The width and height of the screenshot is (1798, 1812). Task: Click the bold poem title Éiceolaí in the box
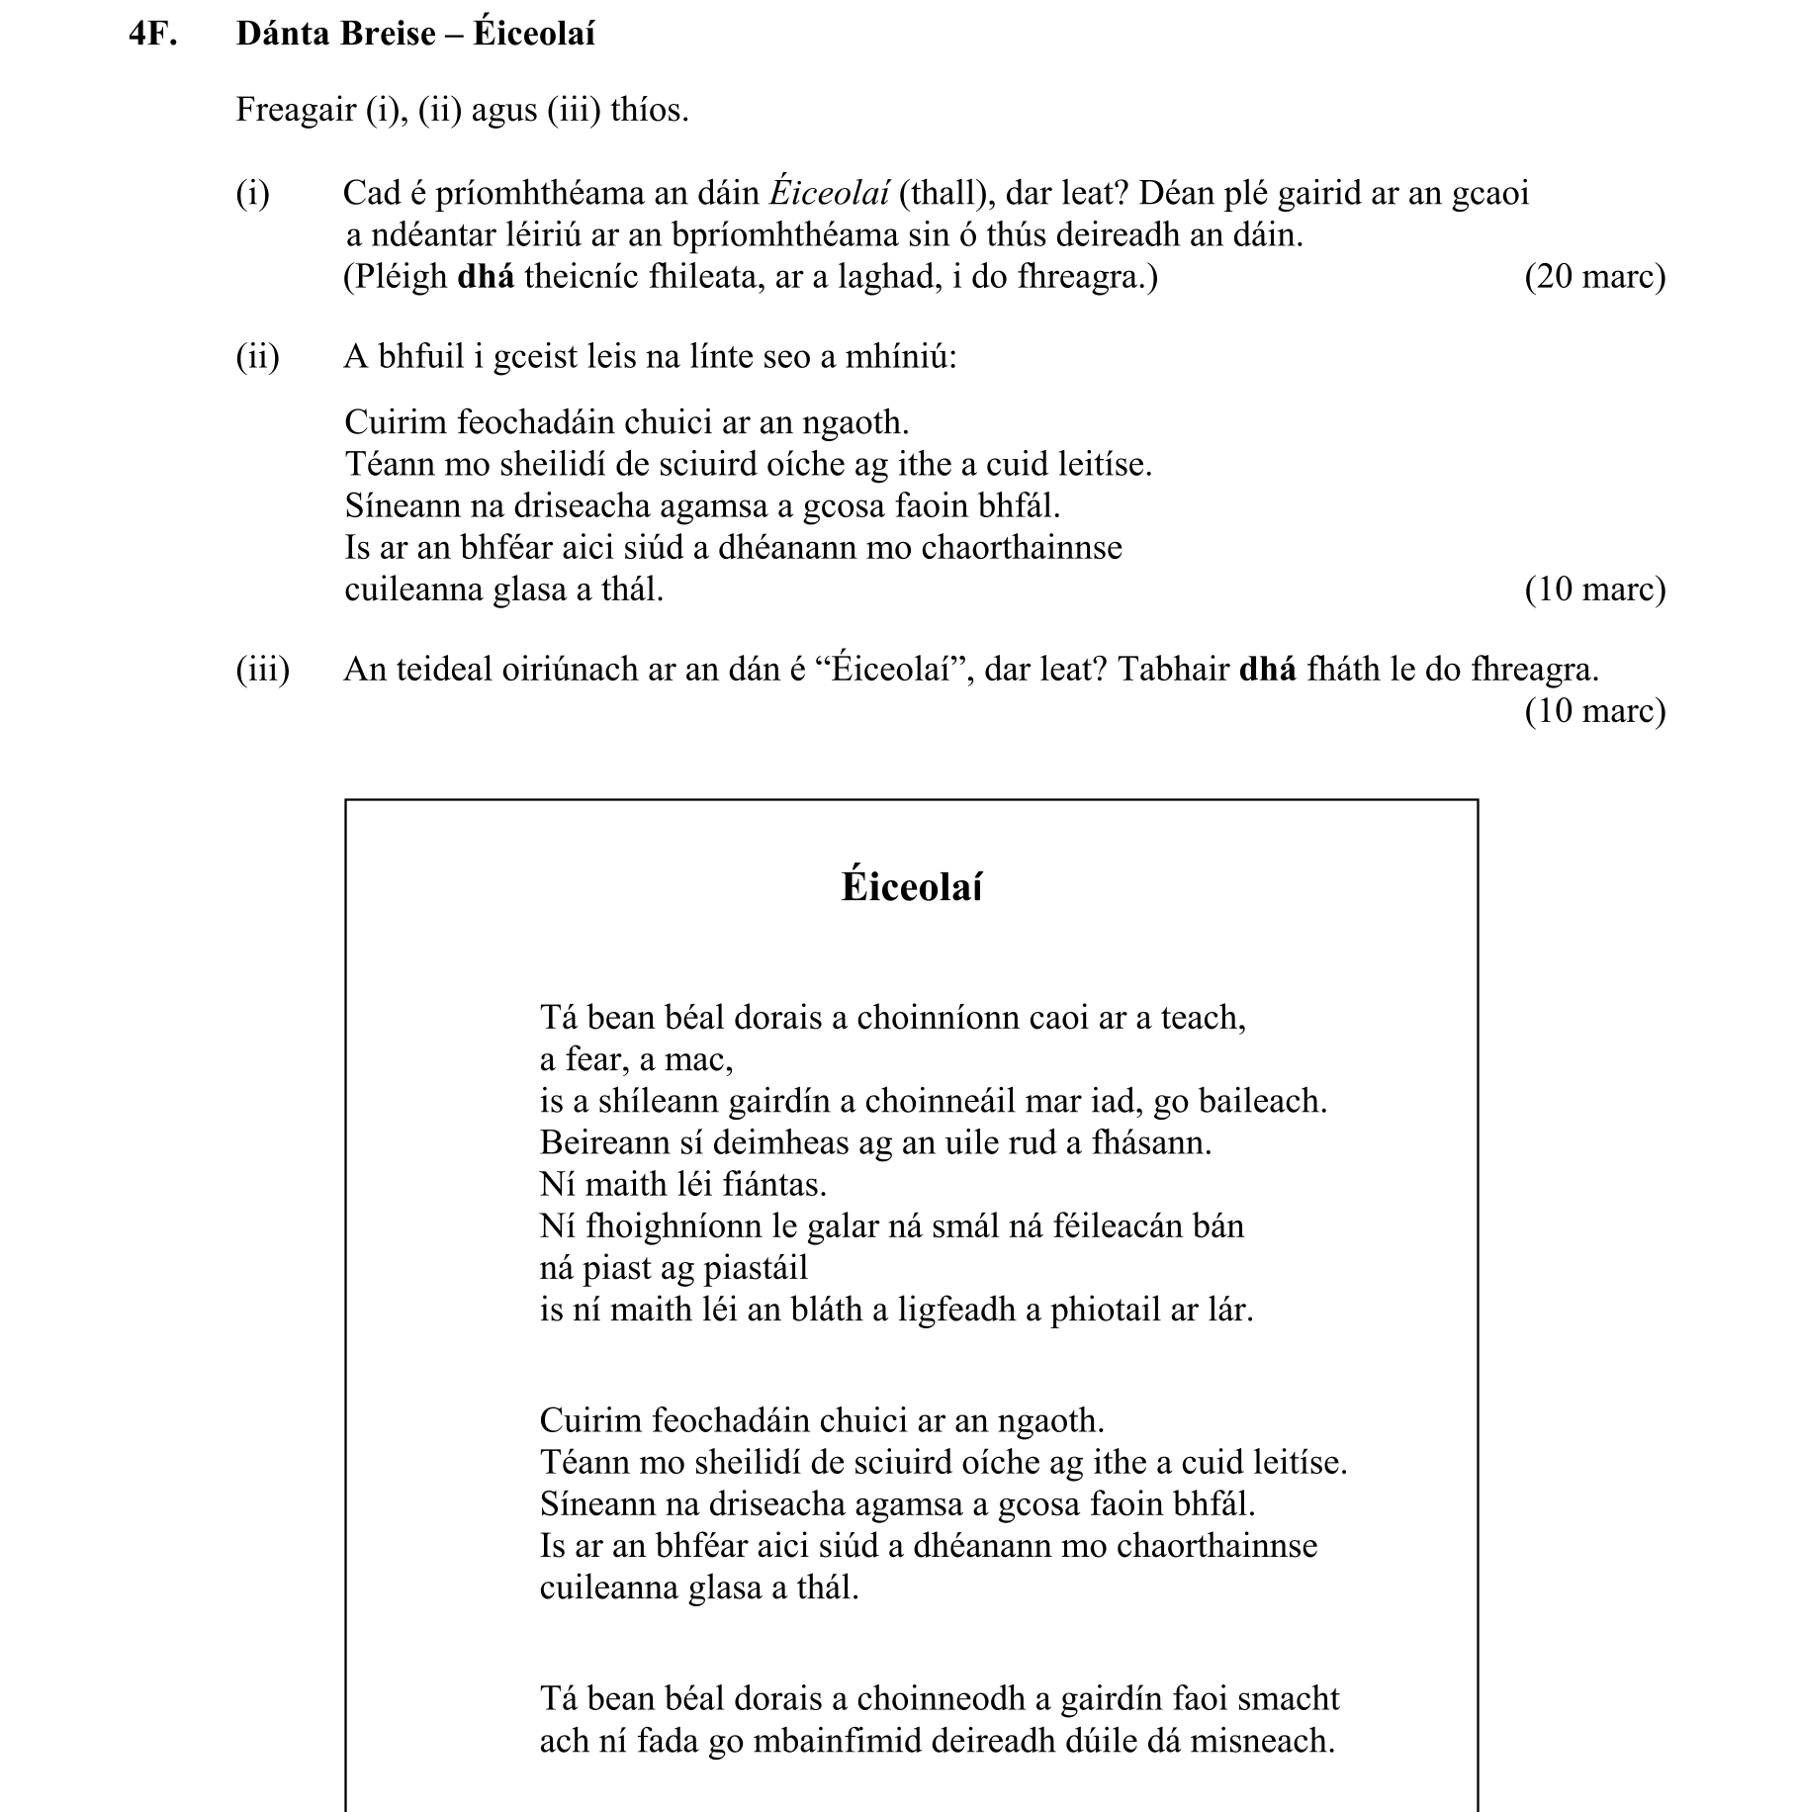tap(911, 886)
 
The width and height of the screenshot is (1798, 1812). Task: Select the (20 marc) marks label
tap(1594, 277)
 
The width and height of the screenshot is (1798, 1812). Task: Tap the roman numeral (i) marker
tap(252, 193)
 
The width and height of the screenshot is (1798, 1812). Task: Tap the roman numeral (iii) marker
tap(262, 670)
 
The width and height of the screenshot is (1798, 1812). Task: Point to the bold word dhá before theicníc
tap(486, 277)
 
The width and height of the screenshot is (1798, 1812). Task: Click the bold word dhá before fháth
tap(1267, 670)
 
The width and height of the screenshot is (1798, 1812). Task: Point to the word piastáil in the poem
tap(755, 1268)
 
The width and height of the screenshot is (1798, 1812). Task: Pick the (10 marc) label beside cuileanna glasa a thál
tap(1594, 589)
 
